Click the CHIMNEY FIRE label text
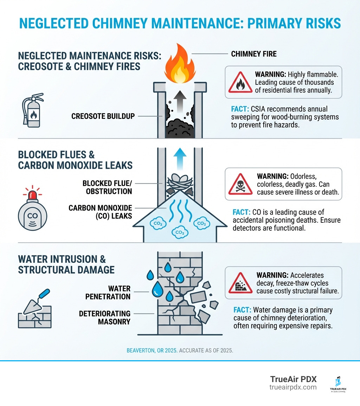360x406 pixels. coord(254,54)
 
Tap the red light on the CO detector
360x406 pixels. coord(32,192)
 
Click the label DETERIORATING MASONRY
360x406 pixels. coord(105,317)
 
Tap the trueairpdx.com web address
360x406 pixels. coord(293,387)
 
